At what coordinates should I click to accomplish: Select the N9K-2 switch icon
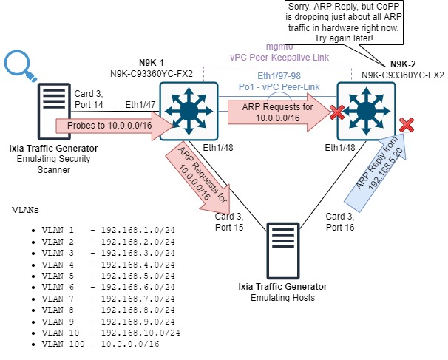365,107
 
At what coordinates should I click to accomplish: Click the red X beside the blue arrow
406,123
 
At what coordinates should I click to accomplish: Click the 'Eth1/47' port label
140,105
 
